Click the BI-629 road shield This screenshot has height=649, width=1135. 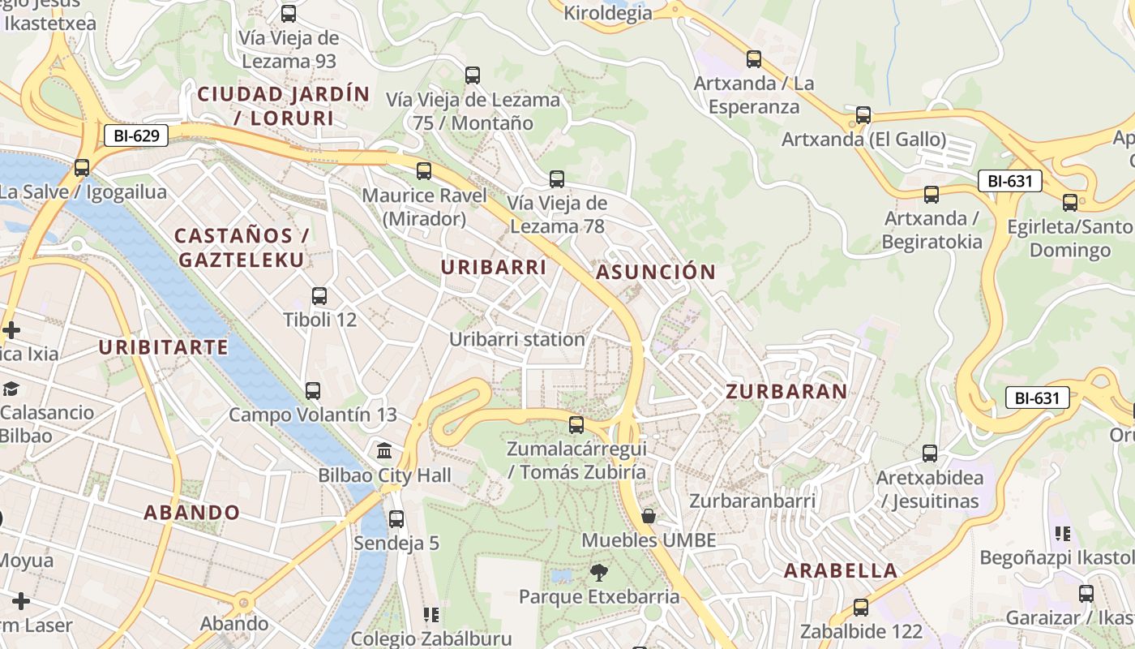pyautogui.click(x=136, y=135)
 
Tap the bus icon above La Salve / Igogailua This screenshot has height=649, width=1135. pyautogui.click(x=82, y=168)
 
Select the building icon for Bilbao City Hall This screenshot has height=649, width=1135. pyautogui.click(x=384, y=450)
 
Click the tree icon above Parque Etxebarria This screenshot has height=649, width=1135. pyautogui.click(x=599, y=573)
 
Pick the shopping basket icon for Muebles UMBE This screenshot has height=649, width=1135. pyautogui.click(x=648, y=516)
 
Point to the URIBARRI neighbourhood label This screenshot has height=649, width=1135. pyautogui.click(x=494, y=267)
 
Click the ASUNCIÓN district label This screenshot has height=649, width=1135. pyautogui.click(x=656, y=273)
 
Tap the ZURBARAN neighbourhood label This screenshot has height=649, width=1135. pyautogui.click(x=786, y=392)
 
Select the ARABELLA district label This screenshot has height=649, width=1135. pyautogui.click(x=841, y=570)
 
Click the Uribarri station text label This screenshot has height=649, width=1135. pyautogui.click(x=517, y=339)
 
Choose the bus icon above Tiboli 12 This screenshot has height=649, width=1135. pyautogui.click(x=319, y=296)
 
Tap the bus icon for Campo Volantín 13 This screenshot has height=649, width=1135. pyautogui.click(x=313, y=391)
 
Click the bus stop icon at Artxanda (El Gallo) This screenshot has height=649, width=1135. pyautogui.click(x=863, y=115)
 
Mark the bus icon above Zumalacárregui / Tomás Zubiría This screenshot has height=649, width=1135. pyautogui.click(x=576, y=424)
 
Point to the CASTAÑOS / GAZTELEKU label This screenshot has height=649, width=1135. pyautogui.click(x=242, y=247)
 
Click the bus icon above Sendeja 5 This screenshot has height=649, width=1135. pyautogui.click(x=396, y=519)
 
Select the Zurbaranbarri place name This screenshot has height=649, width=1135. pyautogui.click(x=752, y=501)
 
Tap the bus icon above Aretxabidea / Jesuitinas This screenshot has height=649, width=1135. pyautogui.click(x=930, y=453)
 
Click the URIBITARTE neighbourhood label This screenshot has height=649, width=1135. pyautogui.click(x=164, y=347)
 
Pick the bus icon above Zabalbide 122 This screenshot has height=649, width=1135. pyautogui.click(x=861, y=608)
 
